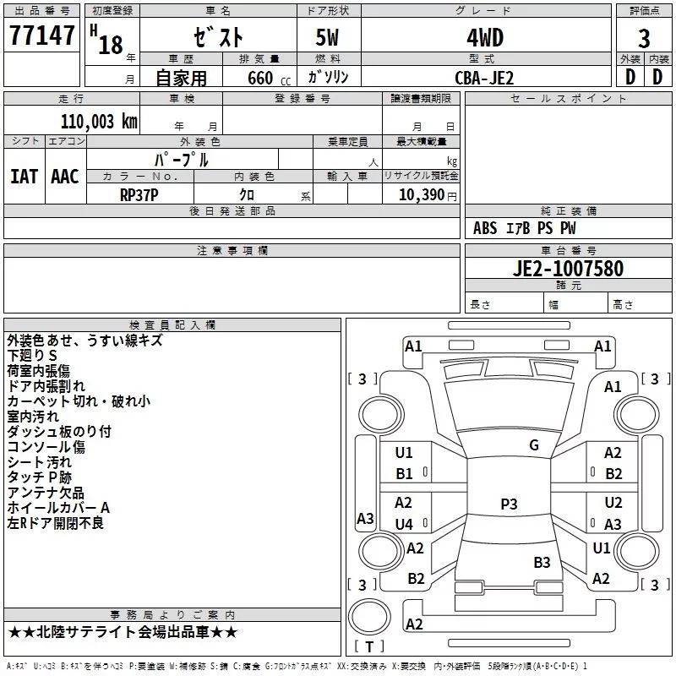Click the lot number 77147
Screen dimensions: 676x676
pyautogui.click(x=41, y=35)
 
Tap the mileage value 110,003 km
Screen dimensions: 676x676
pyautogui.click(x=99, y=122)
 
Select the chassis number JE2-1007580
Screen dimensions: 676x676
pyautogui.click(x=568, y=268)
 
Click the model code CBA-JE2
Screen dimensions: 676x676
pyautogui.click(x=484, y=78)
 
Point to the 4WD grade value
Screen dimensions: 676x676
pyautogui.click(x=485, y=37)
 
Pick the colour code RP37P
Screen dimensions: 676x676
pyautogui.click(x=139, y=195)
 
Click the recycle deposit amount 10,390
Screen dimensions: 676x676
pyautogui.click(x=422, y=194)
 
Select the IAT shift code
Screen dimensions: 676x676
pyautogui.click(x=24, y=177)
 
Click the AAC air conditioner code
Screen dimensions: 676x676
pyautogui.click(x=65, y=177)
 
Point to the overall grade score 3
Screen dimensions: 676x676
pyautogui.click(x=644, y=38)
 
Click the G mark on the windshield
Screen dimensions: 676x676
pyautogui.click(x=534, y=445)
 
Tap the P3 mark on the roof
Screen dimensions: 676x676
pyautogui.click(x=509, y=504)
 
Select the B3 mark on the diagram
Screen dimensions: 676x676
pyautogui.click(x=542, y=562)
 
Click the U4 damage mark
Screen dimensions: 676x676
pyautogui.click(x=404, y=524)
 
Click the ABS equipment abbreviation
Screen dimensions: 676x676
pyautogui.click(x=485, y=228)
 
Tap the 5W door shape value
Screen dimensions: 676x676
pyautogui.click(x=327, y=37)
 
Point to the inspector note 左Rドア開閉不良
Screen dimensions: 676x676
pyautogui.click(x=56, y=523)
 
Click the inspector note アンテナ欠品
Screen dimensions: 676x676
pyautogui.click(x=46, y=493)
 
